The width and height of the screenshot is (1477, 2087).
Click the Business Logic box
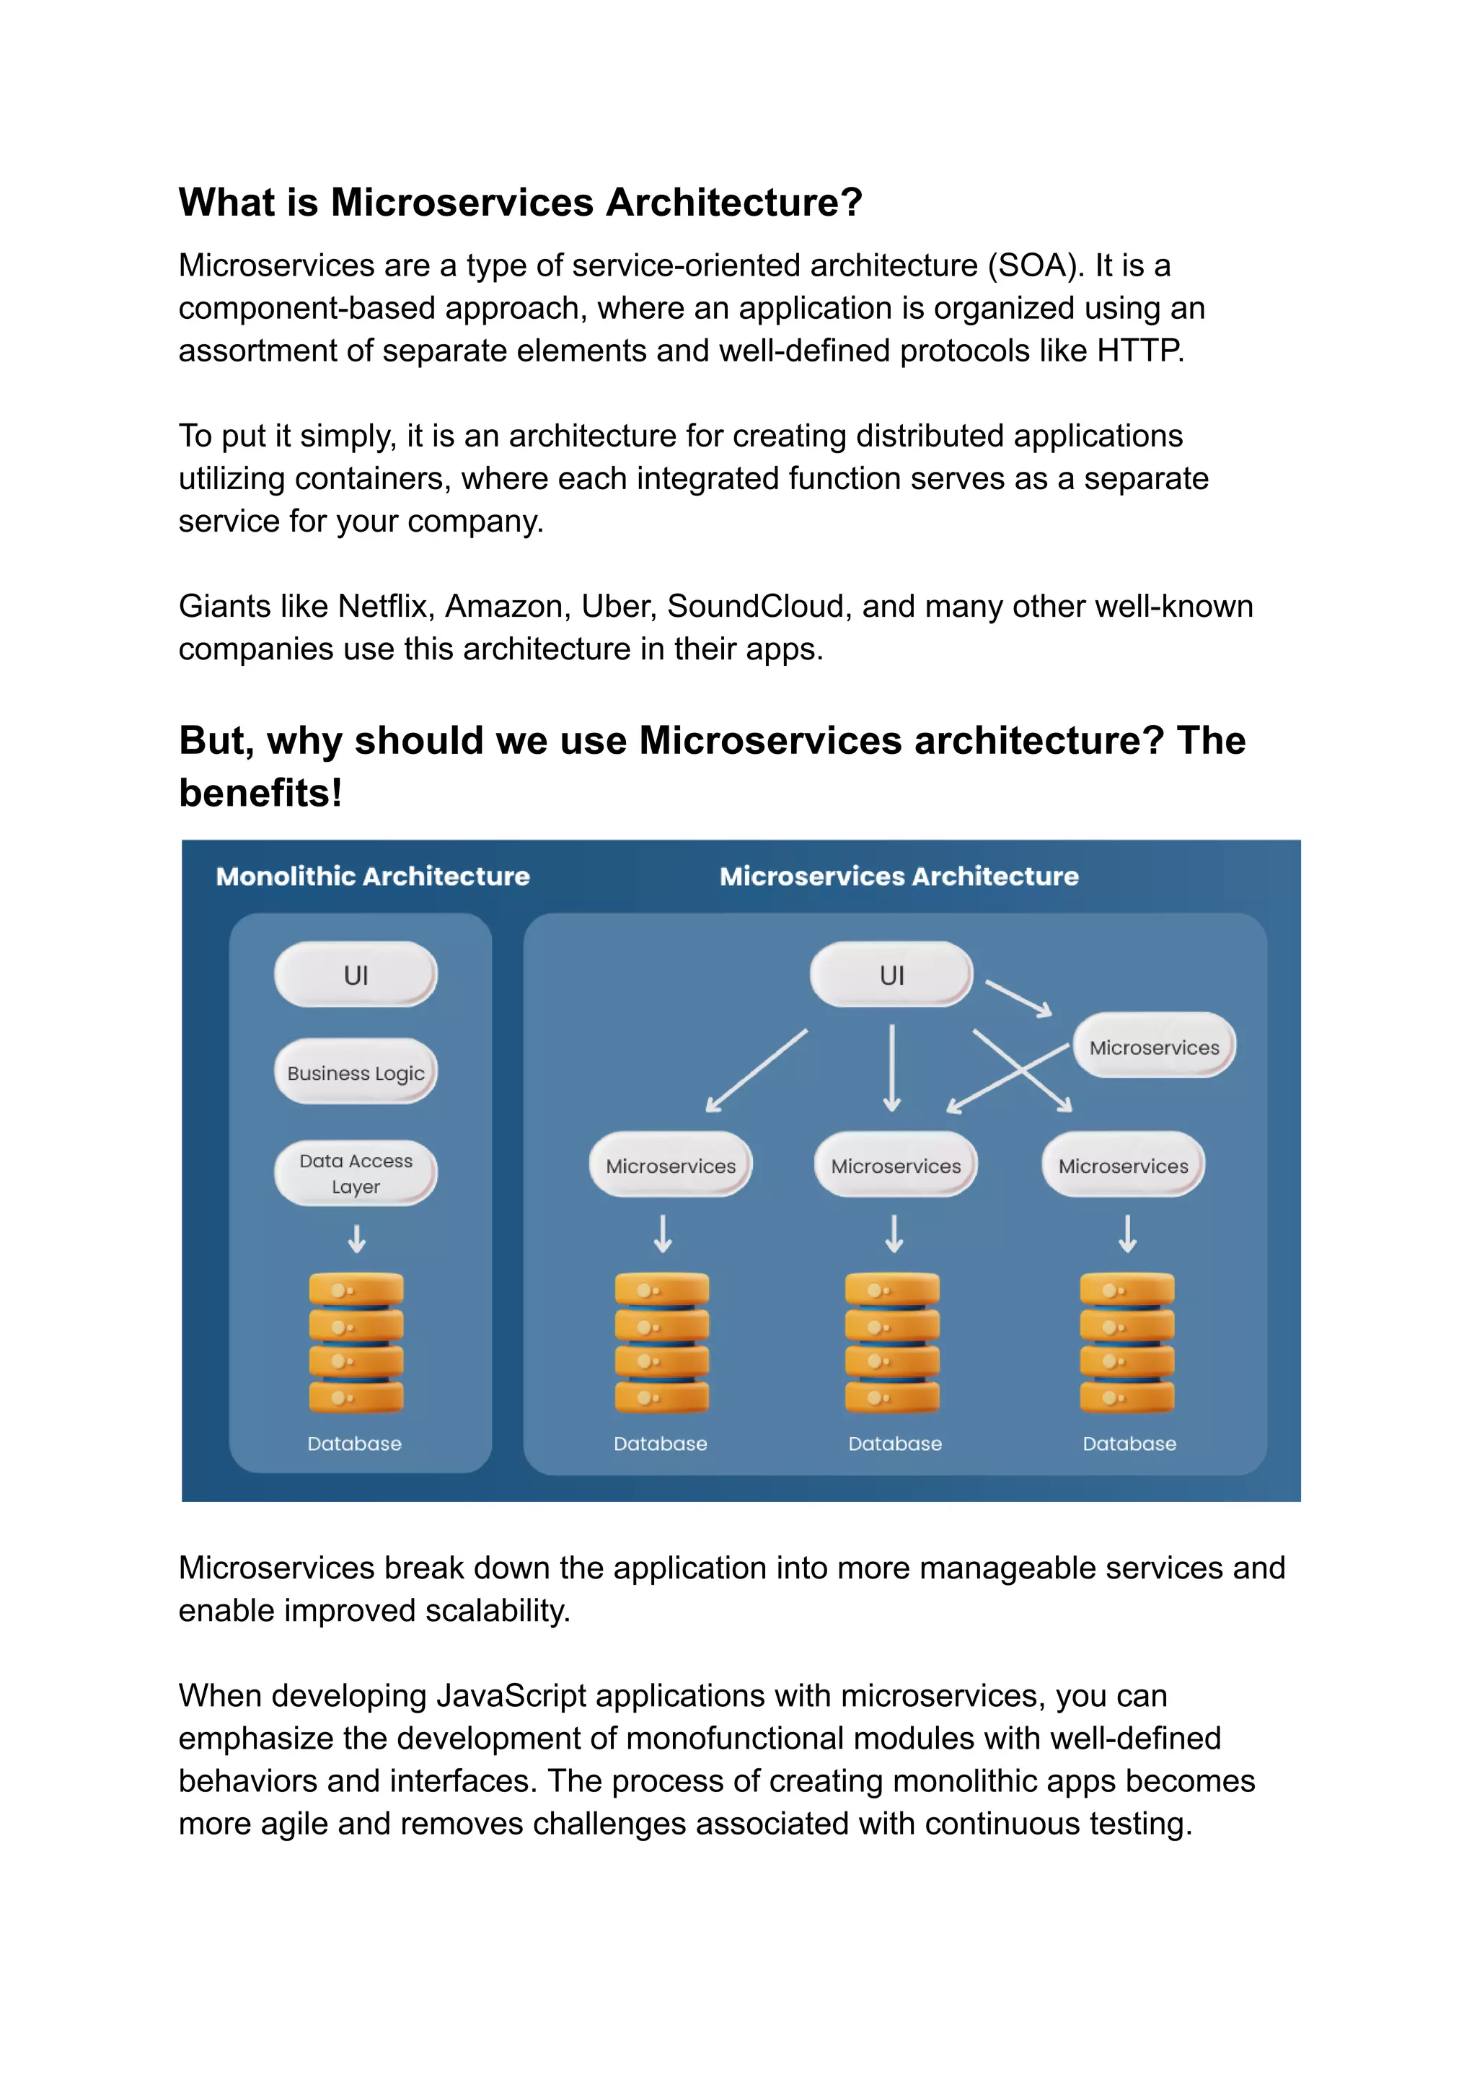click(x=356, y=1072)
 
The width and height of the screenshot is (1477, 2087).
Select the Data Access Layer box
click(x=356, y=1173)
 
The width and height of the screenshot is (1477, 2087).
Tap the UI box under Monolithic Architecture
click(x=356, y=975)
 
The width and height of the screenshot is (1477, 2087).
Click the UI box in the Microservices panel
click(x=891, y=975)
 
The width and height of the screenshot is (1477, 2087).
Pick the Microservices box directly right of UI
click(x=1153, y=1046)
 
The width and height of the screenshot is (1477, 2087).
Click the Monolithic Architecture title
click(x=373, y=876)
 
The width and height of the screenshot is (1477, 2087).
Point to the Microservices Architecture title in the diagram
click(x=899, y=876)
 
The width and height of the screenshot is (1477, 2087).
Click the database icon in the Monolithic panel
click(x=356, y=1342)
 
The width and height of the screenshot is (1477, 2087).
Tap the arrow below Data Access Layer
click(x=356, y=1238)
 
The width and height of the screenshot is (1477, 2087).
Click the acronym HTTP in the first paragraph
click(x=1139, y=351)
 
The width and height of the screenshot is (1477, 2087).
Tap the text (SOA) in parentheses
click(x=1036, y=265)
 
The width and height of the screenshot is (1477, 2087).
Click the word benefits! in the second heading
click(x=260, y=792)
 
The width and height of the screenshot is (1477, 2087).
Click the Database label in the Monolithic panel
click(x=354, y=1444)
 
